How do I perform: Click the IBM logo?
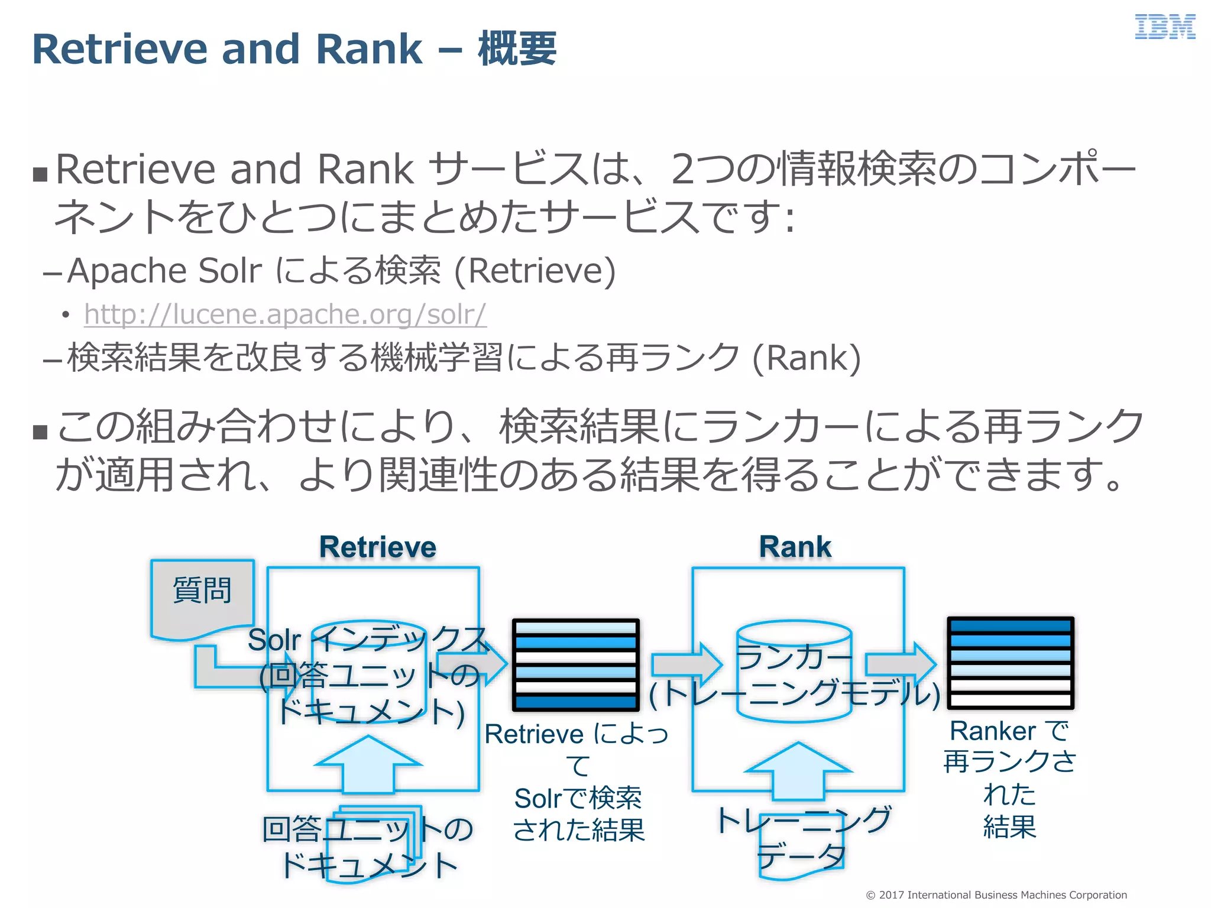(x=1164, y=28)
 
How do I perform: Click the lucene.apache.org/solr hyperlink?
(x=285, y=314)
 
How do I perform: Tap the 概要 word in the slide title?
(x=517, y=49)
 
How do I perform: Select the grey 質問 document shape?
(x=202, y=597)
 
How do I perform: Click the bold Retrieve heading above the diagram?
(x=378, y=547)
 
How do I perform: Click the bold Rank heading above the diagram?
(x=795, y=547)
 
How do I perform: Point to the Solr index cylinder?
(x=369, y=674)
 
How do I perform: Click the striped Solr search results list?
(x=575, y=664)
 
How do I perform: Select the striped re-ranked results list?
(x=1010, y=663)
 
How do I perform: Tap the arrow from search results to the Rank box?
(x=687, y=665)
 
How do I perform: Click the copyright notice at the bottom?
(x=996, y=895)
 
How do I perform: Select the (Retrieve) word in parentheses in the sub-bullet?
(x=535, y=271)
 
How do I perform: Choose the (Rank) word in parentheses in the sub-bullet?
(x=807, y=358)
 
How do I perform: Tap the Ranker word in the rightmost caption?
(x=992, y=731)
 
